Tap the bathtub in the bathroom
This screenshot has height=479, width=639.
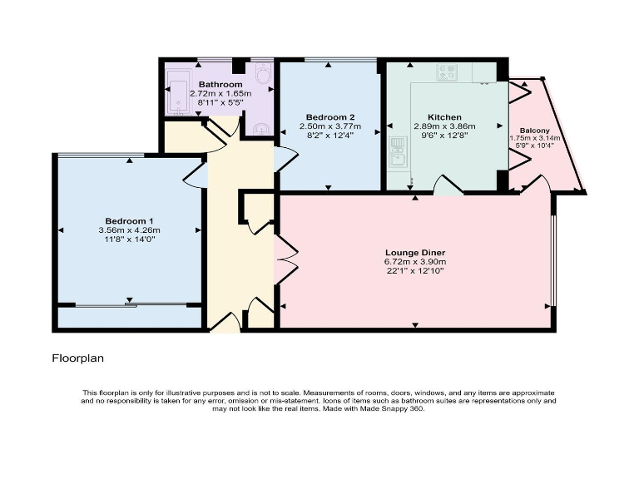(178, 91)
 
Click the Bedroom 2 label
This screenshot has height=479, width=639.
(330, 117)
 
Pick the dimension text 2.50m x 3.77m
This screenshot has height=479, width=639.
(330, 126)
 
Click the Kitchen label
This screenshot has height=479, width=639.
(444, 117)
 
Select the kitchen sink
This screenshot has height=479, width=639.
(397, 151)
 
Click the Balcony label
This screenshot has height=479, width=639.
(535, 131)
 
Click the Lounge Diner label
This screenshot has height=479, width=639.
(415, 252)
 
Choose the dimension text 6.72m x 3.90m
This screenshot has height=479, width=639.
(415, 262)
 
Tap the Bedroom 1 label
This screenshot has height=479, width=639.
(129, 220)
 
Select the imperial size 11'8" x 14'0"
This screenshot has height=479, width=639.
(129, 239)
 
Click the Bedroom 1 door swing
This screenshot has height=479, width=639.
(196, 175)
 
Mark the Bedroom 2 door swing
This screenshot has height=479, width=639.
(283, 158)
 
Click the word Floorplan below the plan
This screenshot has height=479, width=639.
(78, 359)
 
